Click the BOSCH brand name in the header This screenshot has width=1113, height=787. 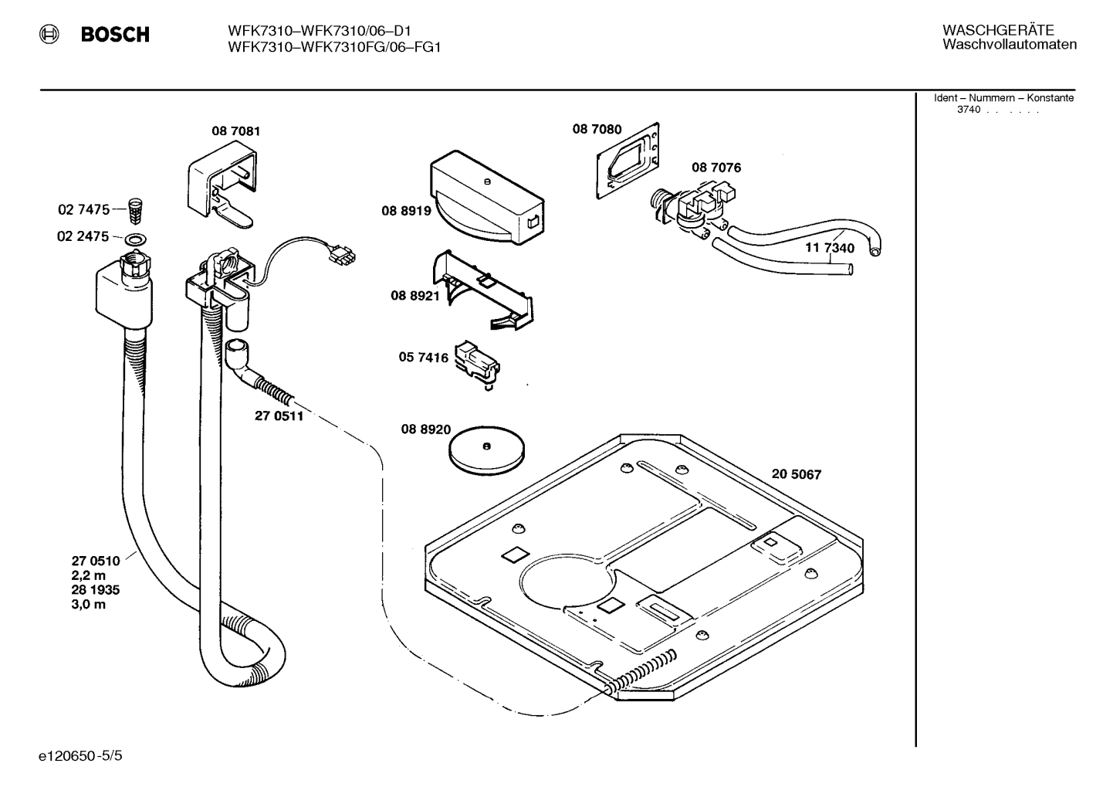[115, 35]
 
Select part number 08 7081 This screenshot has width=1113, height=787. [235, 131]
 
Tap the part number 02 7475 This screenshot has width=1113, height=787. [83, 209]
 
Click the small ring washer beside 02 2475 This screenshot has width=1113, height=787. [136, 238]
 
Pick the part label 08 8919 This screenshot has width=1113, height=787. [405, 210]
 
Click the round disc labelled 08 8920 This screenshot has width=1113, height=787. [486, 447]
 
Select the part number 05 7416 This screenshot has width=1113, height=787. [423, 358]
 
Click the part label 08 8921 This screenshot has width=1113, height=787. [414, 295]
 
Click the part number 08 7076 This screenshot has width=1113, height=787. [715, 168]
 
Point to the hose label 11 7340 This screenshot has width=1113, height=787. [830, 249]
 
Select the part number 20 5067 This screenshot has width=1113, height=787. [796, 474]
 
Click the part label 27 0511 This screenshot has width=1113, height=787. [279, 416]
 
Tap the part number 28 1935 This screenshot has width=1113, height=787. [95, 590]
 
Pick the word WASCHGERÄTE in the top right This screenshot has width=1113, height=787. [997, 30]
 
